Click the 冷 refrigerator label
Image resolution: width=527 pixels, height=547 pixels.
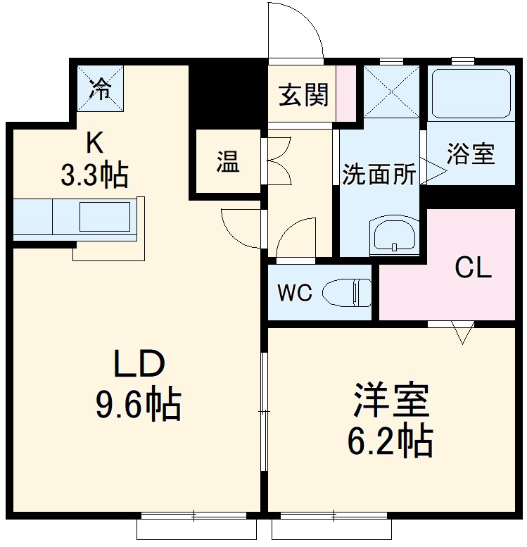pos(101,89)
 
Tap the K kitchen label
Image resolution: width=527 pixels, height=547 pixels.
pos(95,143)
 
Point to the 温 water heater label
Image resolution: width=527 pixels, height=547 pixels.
pos(227,163)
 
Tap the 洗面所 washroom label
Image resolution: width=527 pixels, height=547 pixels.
pos(379,175)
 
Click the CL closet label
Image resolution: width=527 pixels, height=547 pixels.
pos(473,268)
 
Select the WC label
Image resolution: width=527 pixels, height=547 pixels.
pos(294,292)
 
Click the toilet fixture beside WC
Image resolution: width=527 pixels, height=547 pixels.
pos(348,291)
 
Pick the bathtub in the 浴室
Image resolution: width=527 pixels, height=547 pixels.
pos(471,93)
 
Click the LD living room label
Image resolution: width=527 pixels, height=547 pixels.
pos(140,365)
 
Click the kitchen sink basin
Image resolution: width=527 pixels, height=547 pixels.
pos(104,216)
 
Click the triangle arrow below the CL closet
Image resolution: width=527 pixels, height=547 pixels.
pos(462,334)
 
